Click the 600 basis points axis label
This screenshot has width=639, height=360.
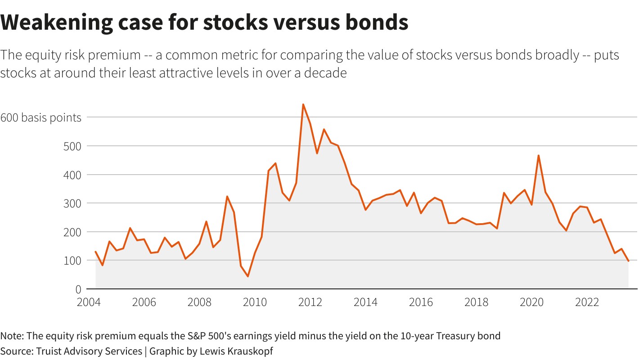click(41, 117)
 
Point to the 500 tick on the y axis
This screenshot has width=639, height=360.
click(72, 146)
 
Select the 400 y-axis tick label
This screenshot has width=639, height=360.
click(72, 175)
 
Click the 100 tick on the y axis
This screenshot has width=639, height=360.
click(72, 261)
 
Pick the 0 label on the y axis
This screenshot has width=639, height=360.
click(78, 289)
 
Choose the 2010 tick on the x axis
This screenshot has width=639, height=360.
click(255, 302)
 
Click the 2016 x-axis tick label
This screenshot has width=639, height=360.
click(421, 302)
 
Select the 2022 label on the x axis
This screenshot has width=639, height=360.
click(587, 302)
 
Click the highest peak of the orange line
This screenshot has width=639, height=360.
click(303, 104)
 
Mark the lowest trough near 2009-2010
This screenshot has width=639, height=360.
click(248, 276)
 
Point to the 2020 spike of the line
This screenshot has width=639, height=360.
click(539, 156)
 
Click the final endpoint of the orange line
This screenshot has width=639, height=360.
click(628, 261)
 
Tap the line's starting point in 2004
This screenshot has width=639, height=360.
click(96, 252)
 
